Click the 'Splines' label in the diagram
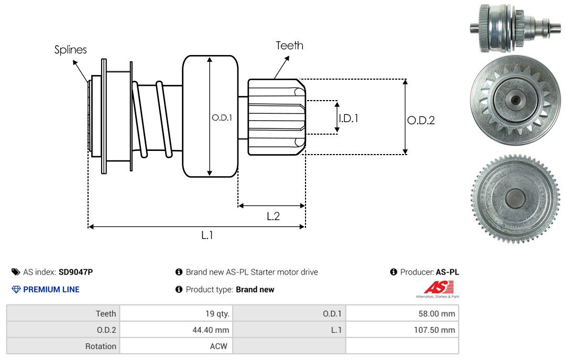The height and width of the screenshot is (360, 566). (71, 50)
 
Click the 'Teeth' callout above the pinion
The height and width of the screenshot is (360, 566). (289, 46)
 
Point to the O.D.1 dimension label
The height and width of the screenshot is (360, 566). (222, 118)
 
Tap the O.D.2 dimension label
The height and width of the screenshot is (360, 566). (421, 121)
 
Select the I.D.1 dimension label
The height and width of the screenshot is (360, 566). (349, 118)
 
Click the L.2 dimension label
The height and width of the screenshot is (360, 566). (273, 216)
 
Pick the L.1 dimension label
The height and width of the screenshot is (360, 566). (208, 235)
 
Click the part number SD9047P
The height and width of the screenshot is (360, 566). (76, 272)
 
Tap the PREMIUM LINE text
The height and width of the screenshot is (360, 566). (51, 289)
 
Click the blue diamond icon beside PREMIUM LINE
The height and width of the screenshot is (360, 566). (16, 289)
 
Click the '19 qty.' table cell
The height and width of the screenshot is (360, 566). (217, 314)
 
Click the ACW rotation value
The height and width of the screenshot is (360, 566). (219, 346)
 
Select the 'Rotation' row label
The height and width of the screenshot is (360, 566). (101, 346)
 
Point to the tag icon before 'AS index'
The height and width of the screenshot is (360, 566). (15, 272)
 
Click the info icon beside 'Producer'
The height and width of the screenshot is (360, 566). (394, 272)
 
